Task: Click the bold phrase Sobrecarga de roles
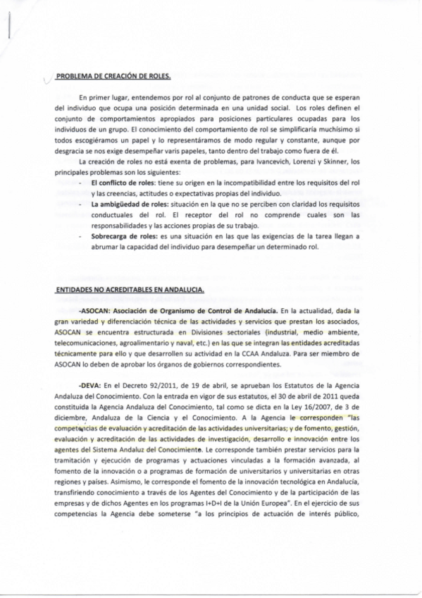point(123,238)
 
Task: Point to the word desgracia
point(69,141)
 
